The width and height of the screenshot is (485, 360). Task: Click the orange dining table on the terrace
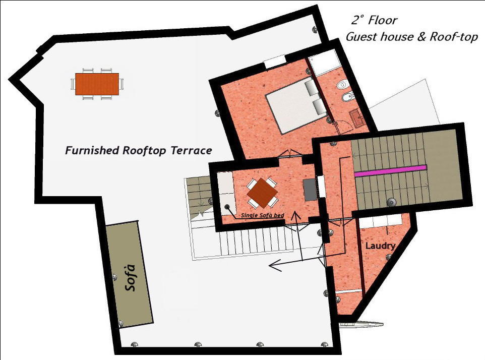[x=97, y=84]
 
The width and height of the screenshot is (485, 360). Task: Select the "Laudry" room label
[x=380, y=246]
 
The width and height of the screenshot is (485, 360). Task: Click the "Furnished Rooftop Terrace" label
[x=138, y=150]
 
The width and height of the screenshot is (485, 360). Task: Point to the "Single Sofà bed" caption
[x=263, y=215]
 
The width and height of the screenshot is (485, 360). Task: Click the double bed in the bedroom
[x=293, y=104]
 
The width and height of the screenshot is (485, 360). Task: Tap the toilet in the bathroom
[x=343, y=83]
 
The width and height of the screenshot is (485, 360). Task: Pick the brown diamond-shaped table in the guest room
[x=262, y=192]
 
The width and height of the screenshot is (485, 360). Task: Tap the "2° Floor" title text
[x=374, y=21]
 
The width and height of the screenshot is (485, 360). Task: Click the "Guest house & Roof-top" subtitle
[x=411, y=37]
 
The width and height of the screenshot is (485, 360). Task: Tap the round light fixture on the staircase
[x=391, y=202]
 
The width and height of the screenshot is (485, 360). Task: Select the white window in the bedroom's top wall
[x=275, y=62]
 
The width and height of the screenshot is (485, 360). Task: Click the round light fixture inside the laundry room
[x=388, y=257]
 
